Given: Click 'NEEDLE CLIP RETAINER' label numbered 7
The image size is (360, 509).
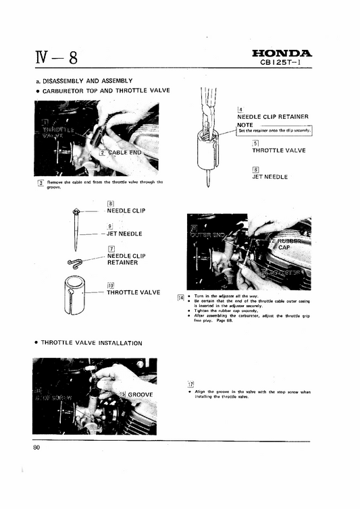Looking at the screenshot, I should tap(126, 259).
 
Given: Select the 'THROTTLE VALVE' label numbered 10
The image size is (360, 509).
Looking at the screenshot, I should tap(133, 292).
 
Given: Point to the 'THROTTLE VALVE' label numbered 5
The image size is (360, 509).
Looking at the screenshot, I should tap(280, 151).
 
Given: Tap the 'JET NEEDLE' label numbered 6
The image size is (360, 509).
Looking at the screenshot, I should tap(269, 177).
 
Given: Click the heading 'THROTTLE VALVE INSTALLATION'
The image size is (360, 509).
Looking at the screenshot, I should tap(91, 343).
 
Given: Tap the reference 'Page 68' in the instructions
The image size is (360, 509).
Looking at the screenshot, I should tap(220, 320).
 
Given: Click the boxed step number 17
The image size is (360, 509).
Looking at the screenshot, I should tap(191, 383).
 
